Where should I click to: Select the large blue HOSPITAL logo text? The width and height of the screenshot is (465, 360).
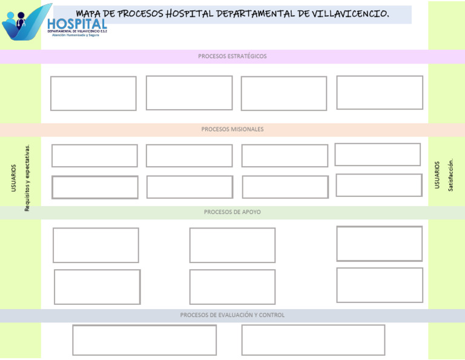[77, 24]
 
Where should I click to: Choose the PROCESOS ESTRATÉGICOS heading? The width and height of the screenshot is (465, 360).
[232, 56]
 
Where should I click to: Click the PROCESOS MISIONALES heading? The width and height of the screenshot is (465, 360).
[232, 130]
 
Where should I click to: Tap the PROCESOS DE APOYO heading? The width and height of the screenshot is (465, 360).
[232, 212]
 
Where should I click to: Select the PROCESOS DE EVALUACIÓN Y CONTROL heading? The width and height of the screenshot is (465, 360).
[232, 315]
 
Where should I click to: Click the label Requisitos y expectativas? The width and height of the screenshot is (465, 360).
[27, 177]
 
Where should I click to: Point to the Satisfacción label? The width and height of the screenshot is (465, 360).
[450, 175]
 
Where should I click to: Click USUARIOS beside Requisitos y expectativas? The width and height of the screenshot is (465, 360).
[14, 178]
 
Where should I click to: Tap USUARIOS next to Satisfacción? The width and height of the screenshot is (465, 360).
[437, 175]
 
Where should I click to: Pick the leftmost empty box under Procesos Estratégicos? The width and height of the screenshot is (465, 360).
[93, 93]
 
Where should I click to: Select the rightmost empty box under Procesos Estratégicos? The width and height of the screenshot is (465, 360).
[380, 93]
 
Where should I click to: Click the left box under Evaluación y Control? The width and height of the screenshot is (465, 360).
[145, 340]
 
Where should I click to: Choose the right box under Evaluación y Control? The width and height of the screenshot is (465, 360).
[313, 340]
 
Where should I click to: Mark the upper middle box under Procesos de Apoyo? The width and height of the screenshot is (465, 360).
[232, 245]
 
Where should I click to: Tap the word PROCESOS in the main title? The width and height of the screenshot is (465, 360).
[139, 14]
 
